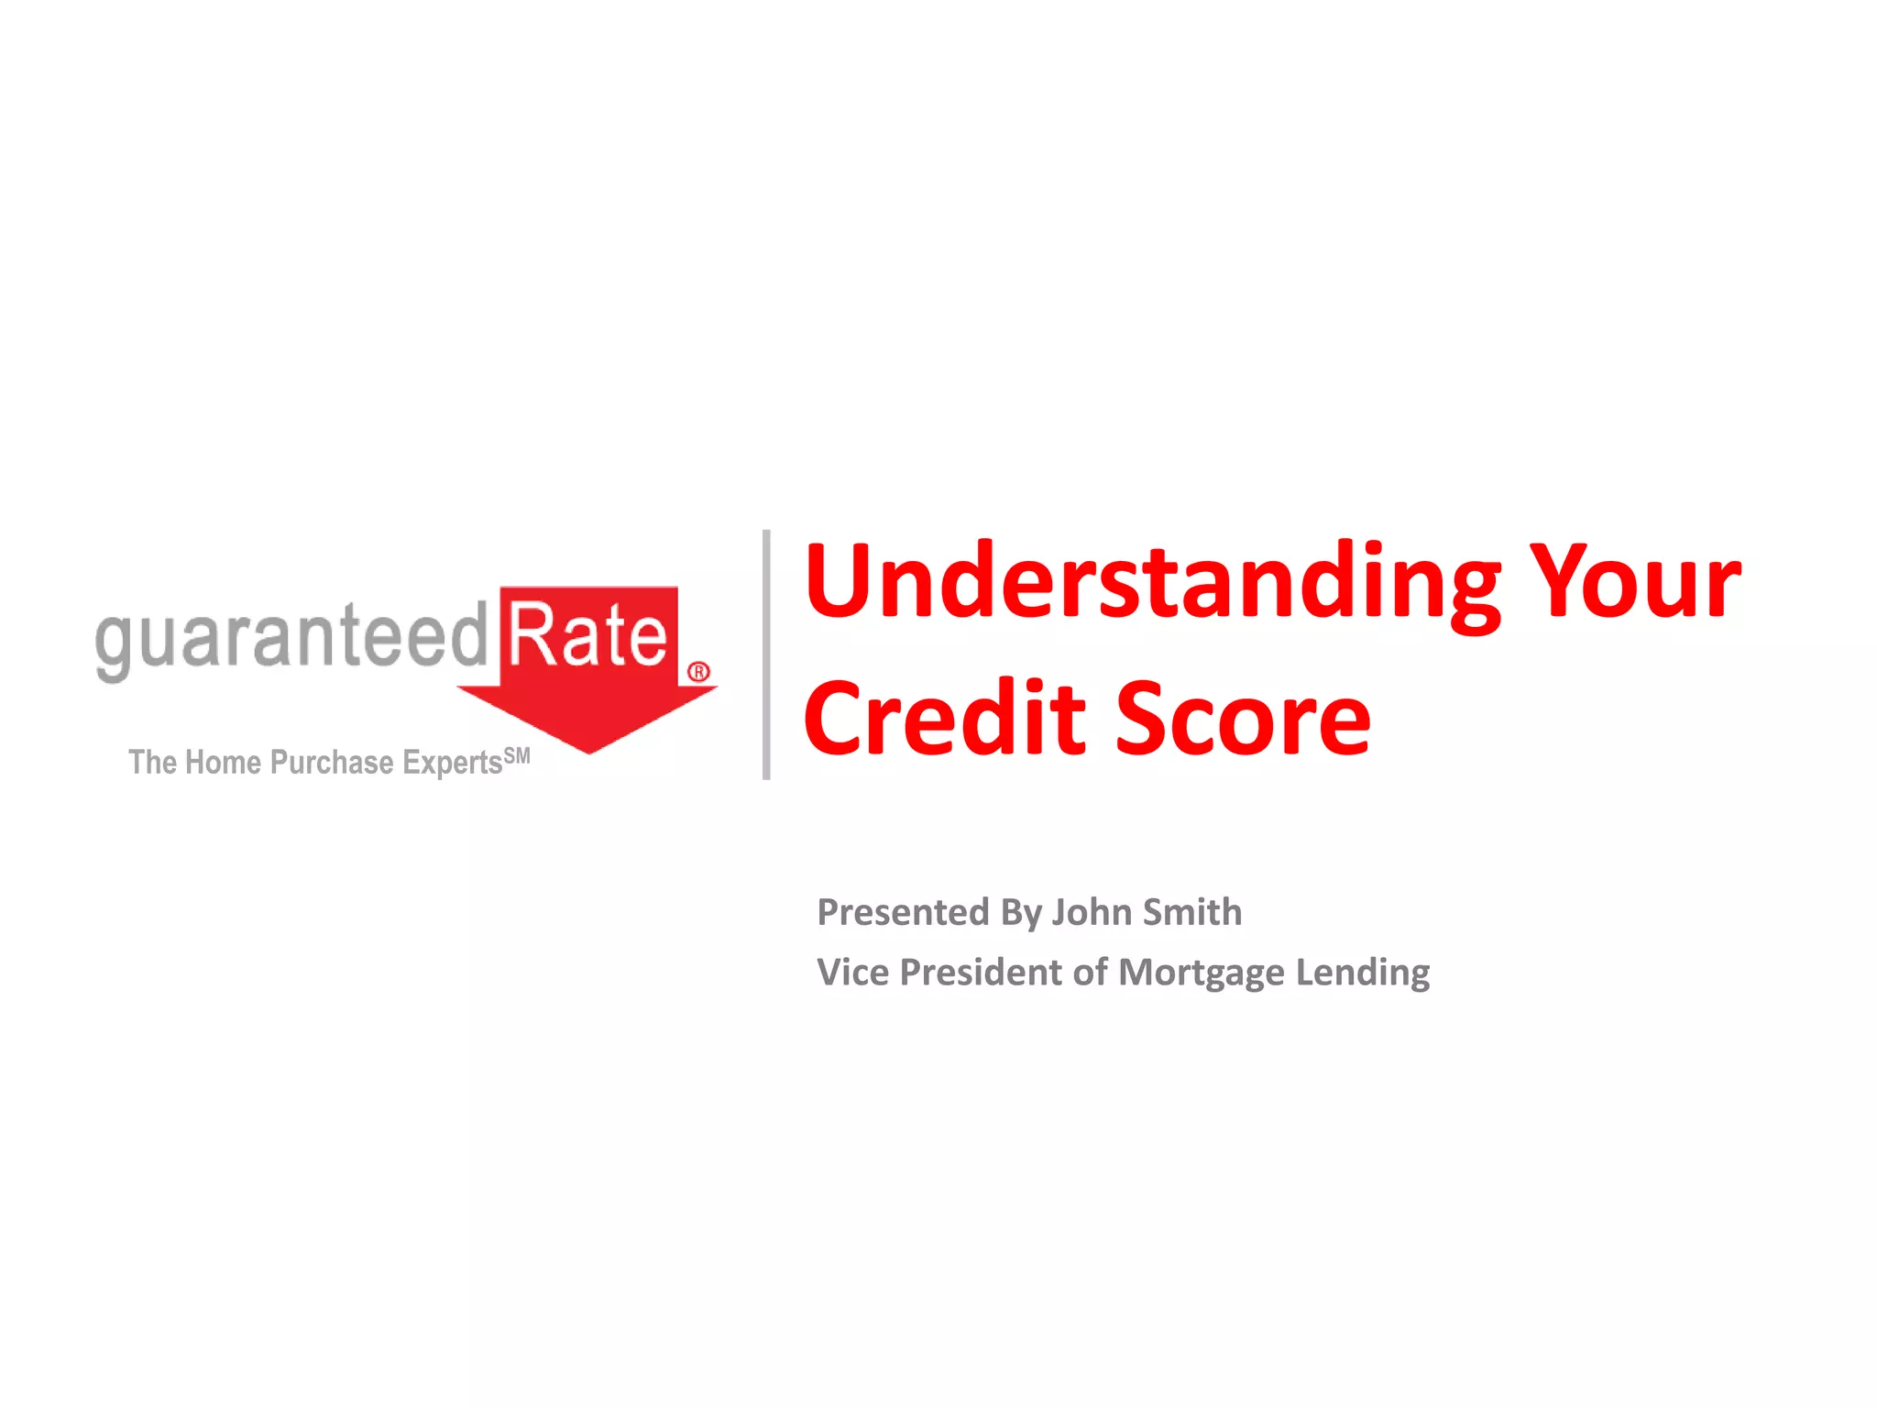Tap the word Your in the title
click(1637, 583)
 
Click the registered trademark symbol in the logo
click(698, 672)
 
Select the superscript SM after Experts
click(517, 756)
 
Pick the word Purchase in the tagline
click(332, 763)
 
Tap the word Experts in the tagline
click(452, 764)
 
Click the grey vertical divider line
click(766, 654)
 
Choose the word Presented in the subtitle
click(904, 913)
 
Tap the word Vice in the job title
click(852, 973)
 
